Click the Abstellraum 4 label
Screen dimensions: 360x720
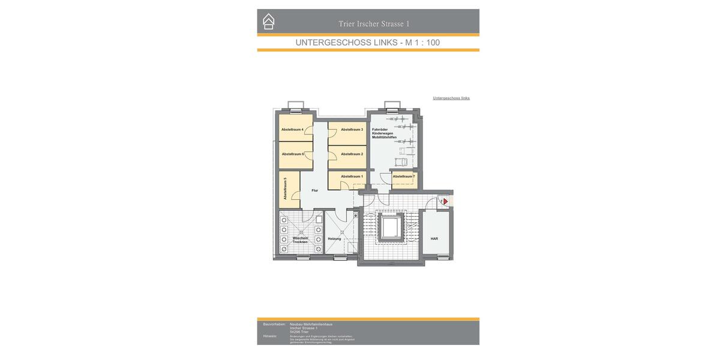tap(292, 130)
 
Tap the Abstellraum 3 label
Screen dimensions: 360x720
tap(352, 130)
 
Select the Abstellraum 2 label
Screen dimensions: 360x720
tap(352, 154)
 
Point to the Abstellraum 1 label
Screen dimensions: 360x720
tap(352, 176)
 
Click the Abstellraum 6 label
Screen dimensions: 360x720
tap(293, 154)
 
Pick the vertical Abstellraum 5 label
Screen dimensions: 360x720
tap(285, 188)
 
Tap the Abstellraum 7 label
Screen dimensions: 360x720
tap(404, 176)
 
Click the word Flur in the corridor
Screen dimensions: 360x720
tap(315, 190)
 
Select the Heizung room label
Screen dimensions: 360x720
tap(334, 239)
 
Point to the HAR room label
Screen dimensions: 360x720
tap(434, 239)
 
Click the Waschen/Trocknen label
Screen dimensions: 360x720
tap(300, 240)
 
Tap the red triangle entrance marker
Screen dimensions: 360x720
tap(445, 202)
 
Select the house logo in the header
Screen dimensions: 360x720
tap(269, 22)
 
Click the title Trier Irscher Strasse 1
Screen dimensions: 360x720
tap(374, 24)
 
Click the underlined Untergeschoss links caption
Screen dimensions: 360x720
tap(451, 98)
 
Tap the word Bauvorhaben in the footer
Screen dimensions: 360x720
tap(274, 324)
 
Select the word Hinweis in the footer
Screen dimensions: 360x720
tap(270, 336)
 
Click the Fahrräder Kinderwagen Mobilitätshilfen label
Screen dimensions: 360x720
tap(384, 133)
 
